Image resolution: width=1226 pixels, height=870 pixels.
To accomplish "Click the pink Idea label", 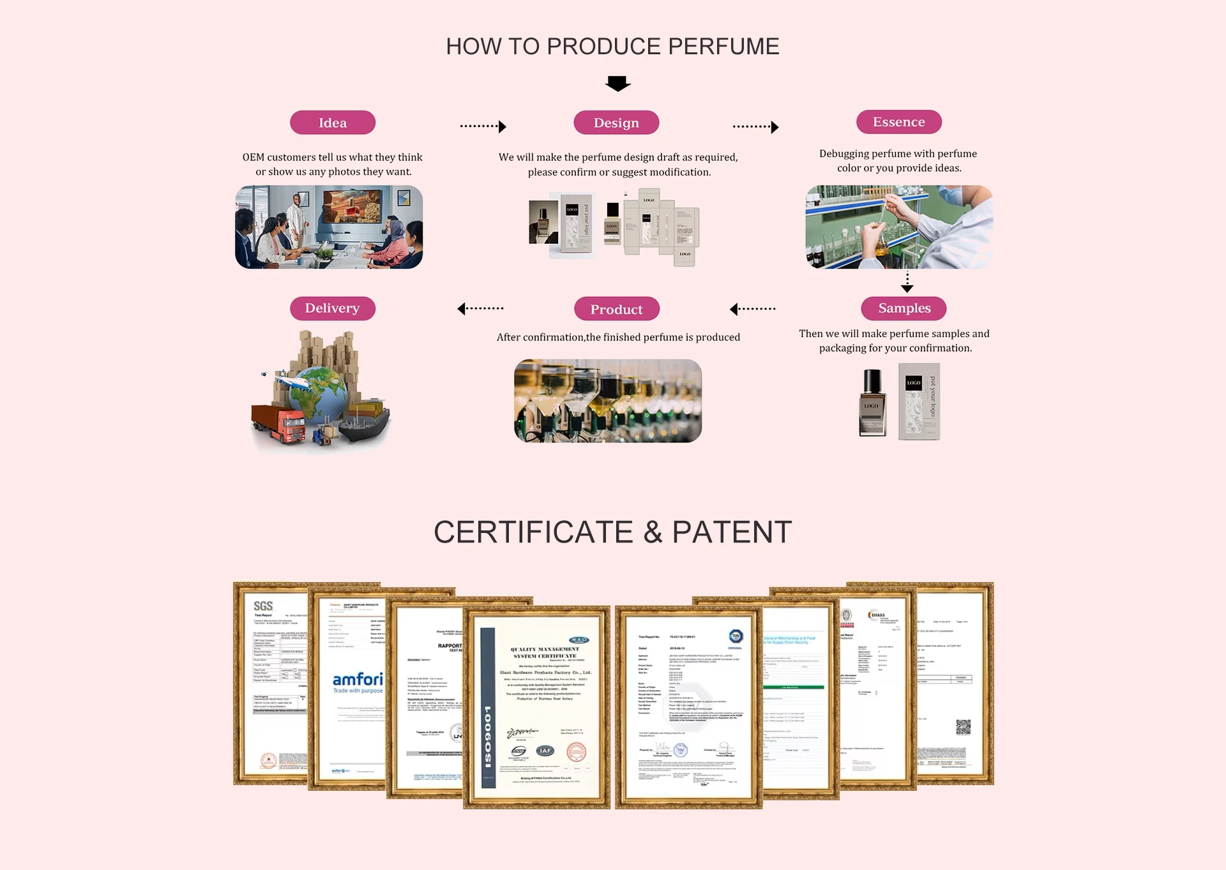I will tap(333, 123).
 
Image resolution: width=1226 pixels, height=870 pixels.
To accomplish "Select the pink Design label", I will tap(616, 123).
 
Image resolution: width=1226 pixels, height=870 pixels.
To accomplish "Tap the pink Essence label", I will tap(898, 122).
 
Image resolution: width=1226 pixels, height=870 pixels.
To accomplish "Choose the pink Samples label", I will tap(904, 308).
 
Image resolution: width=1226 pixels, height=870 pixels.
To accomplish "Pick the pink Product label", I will tap(616, 309).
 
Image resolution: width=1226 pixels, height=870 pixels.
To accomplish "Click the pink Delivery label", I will tap(332, 308).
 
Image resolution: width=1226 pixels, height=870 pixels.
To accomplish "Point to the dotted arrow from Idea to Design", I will tap(483, 126).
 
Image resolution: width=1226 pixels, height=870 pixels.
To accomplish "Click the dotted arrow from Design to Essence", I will tap(755, 126).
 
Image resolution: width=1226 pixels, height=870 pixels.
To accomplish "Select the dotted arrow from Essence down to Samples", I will tap(907, 281).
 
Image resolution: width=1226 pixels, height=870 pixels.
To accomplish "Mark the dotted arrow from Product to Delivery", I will tap(480, 309).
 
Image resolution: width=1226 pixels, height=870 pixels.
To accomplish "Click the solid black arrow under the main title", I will tap(617, 84).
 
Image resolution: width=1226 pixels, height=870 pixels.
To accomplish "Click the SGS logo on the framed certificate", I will tap(263, 606).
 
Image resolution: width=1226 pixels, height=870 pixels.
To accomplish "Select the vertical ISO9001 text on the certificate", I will tap(488, 737).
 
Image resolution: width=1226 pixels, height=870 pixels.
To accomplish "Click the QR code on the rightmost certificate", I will tap(963, 726).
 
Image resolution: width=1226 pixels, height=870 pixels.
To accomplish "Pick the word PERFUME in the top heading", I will tap(723, 47).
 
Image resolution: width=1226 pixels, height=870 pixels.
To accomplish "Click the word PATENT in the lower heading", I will tap(732, 532).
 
